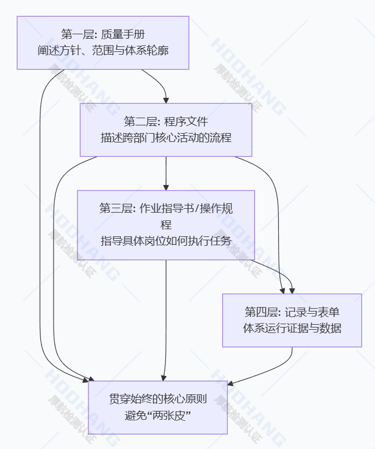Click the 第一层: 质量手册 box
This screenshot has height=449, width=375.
coord(103,43)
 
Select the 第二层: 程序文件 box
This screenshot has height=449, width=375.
coord(166,130)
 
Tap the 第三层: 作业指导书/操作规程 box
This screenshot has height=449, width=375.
coord(166,225)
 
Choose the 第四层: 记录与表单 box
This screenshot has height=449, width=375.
coord(292,320)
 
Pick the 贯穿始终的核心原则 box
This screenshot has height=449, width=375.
coord(158,407)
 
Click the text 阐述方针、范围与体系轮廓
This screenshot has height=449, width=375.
coord(103,51)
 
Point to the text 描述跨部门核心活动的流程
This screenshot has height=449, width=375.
coord(166,138)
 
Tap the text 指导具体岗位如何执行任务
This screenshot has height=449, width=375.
coord(166,241)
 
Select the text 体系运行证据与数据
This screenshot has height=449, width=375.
coord(292,328)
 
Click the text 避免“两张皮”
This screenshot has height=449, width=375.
coord(158,415)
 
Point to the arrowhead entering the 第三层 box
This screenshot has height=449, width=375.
coord(166,187)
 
